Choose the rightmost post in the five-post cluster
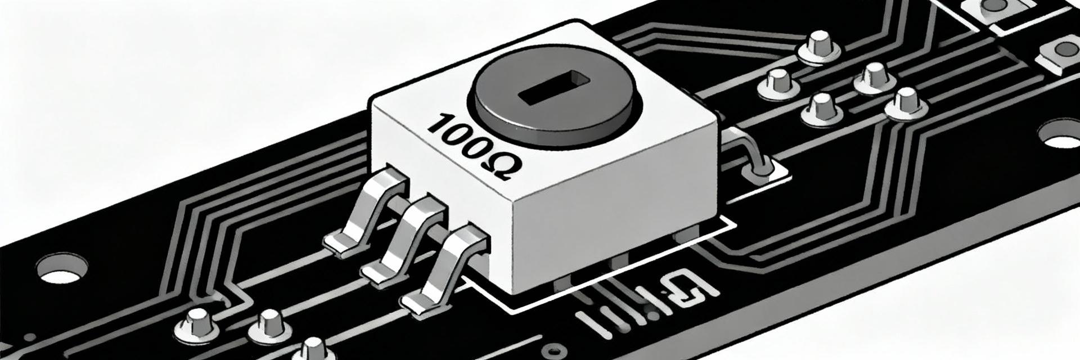tap(905, 104)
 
